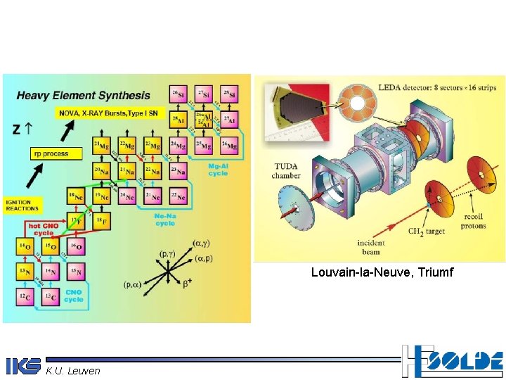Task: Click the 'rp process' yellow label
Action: pyautogui.click(x=51, y=153)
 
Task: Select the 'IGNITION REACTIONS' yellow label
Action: pyautogui.click(x=22, y=204)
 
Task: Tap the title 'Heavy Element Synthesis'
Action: pyautogui.click(x=83, y=95)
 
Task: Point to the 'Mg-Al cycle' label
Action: pyautogui.click(x=218, y=170)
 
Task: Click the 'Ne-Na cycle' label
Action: pyautogui.click(x=165, y=220)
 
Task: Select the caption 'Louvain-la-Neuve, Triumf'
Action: pyautogui.click(x=382, y=272)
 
